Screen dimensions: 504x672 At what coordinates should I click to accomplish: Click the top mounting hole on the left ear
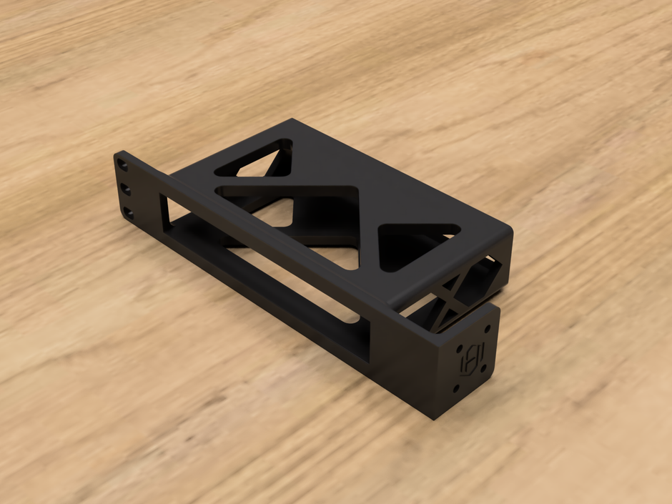[124, 165]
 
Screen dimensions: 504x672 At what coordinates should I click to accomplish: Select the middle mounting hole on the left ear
[126, 189]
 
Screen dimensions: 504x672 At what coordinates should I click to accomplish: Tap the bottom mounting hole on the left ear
[129, 212]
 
